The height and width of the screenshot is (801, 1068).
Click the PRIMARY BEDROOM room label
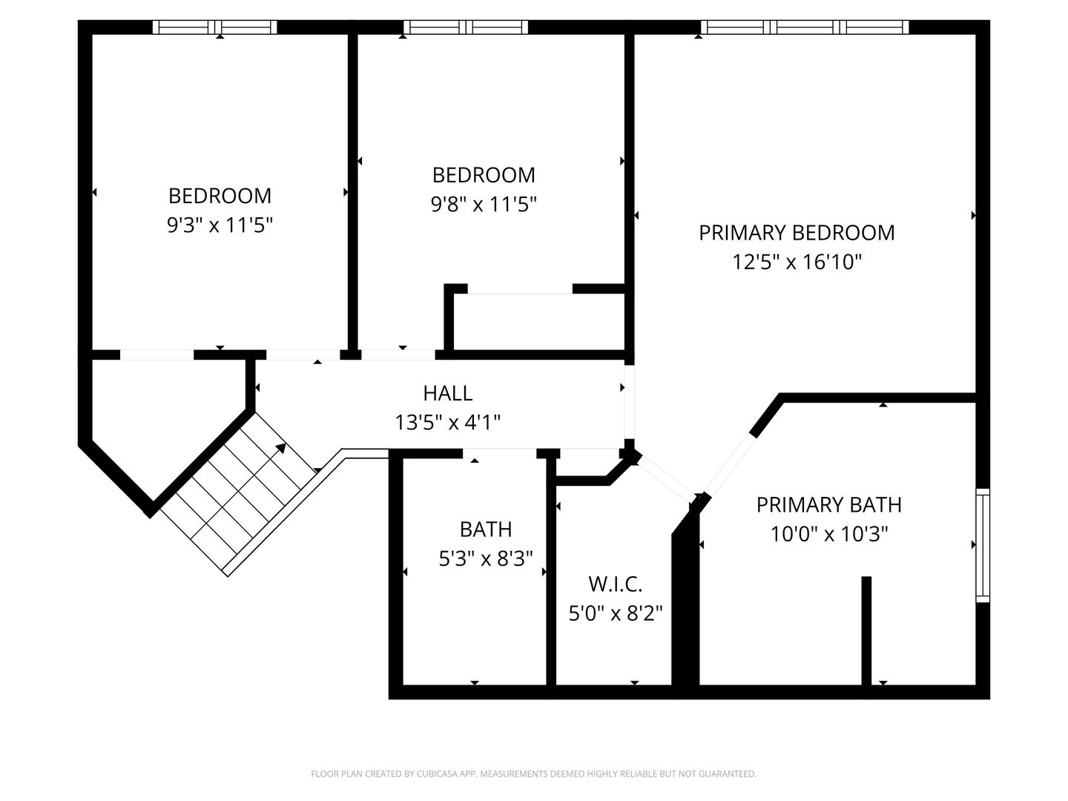797,233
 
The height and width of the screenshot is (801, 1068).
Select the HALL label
448,393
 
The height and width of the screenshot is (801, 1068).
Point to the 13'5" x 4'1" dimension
448,422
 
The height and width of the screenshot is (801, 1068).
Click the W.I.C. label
616,584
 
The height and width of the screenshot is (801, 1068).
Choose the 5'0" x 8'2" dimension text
616,613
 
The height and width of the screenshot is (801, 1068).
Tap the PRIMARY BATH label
829,505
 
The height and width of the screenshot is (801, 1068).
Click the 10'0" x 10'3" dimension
829,534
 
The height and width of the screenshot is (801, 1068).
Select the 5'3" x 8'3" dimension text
486,558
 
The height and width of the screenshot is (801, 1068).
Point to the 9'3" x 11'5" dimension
220,225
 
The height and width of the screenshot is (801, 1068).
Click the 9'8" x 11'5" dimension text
484,204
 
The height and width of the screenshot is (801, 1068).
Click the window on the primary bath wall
983,545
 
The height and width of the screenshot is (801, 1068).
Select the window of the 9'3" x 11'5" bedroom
214,27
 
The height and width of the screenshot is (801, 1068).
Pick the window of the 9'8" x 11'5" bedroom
466,27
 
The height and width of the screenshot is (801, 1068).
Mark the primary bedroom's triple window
804,27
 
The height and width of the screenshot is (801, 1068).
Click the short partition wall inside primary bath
866,630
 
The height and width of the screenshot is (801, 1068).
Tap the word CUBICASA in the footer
436,774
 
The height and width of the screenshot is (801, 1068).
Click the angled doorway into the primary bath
730,464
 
